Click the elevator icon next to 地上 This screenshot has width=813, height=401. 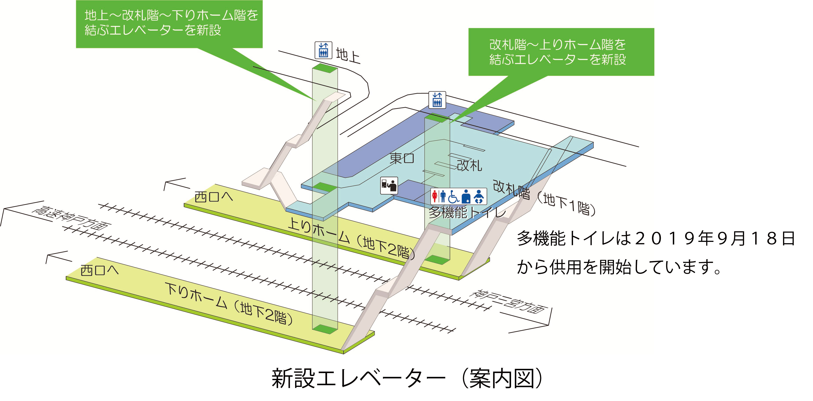pos(323,50)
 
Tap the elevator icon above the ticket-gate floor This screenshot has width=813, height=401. pos(437,100)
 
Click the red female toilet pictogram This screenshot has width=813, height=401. pos(435,196)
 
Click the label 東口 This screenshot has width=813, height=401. pos(402,158)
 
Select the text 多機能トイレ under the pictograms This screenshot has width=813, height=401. pos(467,212)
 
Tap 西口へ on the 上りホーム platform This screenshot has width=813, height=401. pos(214,197)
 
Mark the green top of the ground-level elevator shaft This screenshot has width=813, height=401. pos(325,68)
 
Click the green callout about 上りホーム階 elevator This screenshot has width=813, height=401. pos(561,52)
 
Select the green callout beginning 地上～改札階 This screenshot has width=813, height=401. pos(169,24)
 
